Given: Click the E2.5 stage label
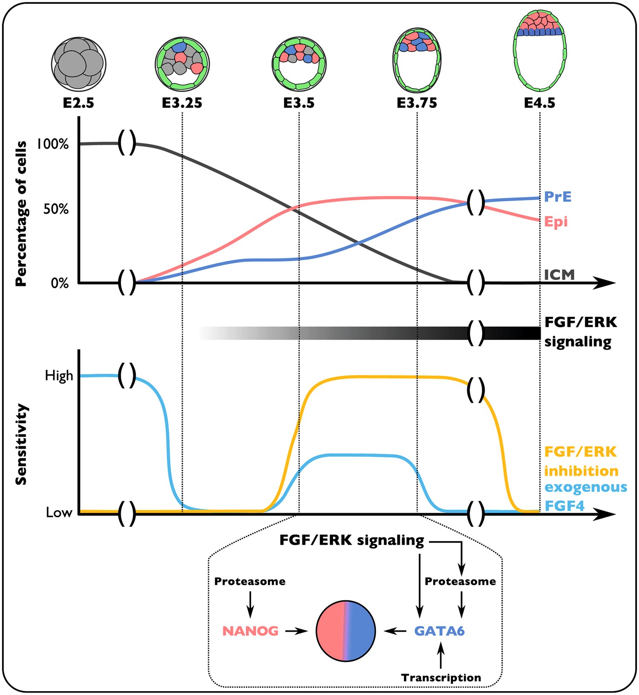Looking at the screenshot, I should click(78, 103).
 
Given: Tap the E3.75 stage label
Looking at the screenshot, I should click(417, 103).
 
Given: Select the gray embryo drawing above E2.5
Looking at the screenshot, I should click(78, 64).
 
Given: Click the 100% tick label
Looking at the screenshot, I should click(53, 144).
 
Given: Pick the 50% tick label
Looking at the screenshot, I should click(56, 209).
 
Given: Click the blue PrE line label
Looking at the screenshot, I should click(558, 197).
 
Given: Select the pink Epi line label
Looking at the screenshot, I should click(556, 222).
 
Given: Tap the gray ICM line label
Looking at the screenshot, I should click(559, 275).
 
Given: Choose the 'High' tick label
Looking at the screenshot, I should click(59, 376).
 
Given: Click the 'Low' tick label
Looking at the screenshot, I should click(59, 513).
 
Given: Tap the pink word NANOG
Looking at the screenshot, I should click(250, 631).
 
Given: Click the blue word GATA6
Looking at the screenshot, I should click(439, 631).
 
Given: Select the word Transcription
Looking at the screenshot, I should click(441, 678).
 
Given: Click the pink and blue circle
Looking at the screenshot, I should click(345, 631).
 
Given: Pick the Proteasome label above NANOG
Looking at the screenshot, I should click(250, 582).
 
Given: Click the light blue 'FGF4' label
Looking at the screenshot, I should click(564, 506).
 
